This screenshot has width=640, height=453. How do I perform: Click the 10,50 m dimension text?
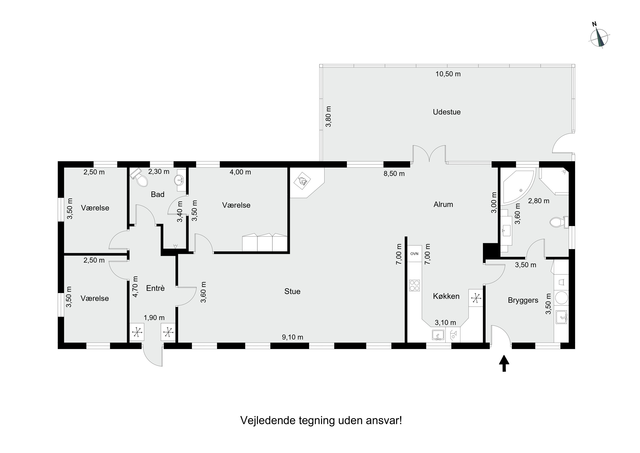coord(448,74)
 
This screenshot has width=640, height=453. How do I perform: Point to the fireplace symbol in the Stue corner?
coord(303,181)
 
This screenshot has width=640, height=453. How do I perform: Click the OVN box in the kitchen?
coord(414,254)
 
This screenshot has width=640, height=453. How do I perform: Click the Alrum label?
coord(443,205)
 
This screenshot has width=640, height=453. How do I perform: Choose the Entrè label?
coord(155,288)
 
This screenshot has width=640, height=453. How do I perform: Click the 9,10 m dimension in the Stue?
coord(292,337)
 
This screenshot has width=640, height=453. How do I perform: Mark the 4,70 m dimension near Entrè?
coord(135,287)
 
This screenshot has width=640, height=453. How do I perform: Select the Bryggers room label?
coord(523,300)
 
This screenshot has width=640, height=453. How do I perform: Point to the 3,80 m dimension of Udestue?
coord(329,116)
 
